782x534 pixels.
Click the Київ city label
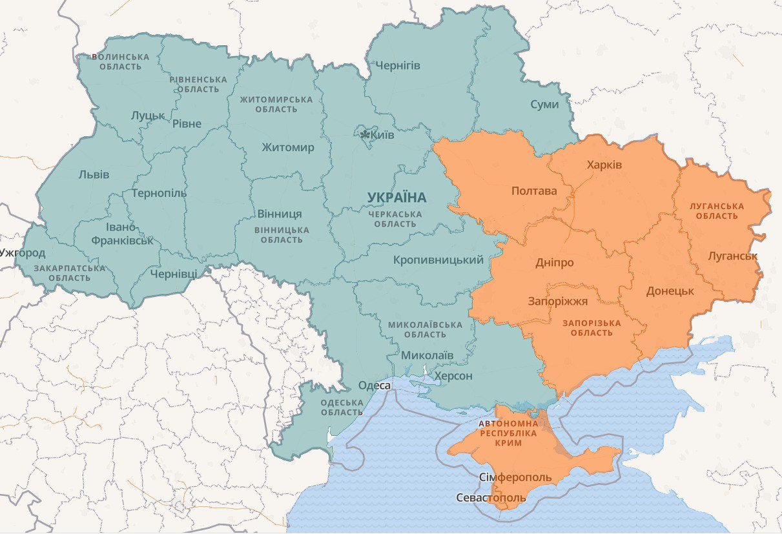(x=382, y=135)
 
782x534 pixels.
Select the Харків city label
(x=604, y=165)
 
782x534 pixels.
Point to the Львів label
(x=94, y=175)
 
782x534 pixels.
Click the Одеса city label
(x=375, y=385)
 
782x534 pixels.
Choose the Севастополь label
(x=491, y=498)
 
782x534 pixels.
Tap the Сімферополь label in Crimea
(x=515, y=477)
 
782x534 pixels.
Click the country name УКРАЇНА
(x=396, y=197)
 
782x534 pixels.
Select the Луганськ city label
(x=732, y=256)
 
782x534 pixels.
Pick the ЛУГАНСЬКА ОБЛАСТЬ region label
(x=717, y=211)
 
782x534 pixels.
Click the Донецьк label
(x=670, y=291)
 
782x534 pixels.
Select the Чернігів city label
(x=397, y=66)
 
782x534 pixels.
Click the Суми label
(x=544, y=104)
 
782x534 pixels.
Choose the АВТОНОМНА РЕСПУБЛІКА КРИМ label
(x=508, y=433)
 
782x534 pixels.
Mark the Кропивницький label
(x=438, y=260)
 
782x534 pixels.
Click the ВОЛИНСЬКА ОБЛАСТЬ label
(x=120, y=61)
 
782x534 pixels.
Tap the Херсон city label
(x=453, y=376)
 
